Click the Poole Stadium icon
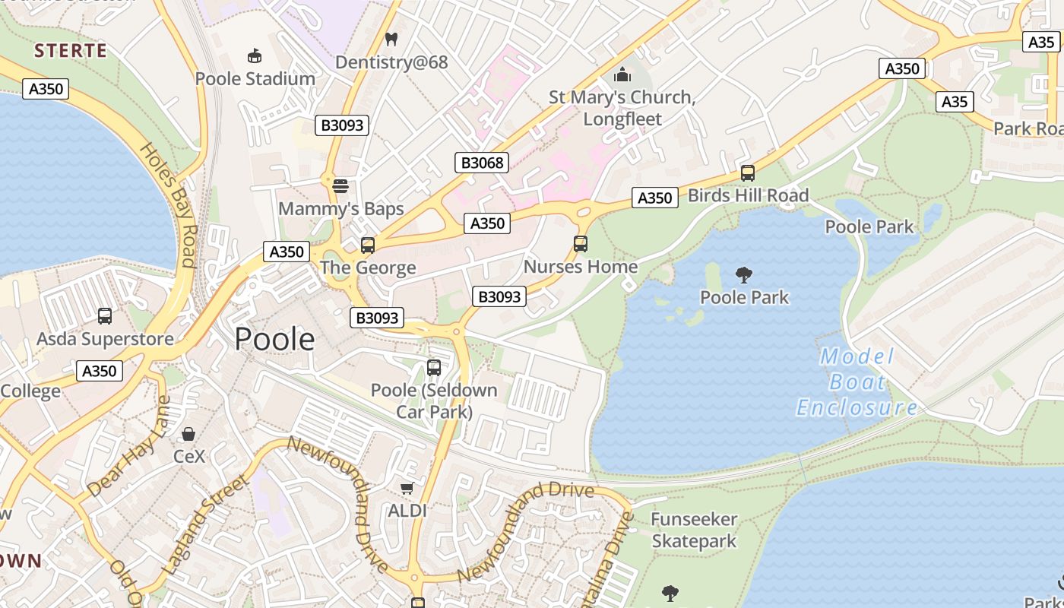(255, 56)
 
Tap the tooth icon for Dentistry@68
(391, 39)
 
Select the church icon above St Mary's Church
(622, 74)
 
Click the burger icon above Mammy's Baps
(340, 185)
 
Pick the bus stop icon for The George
(368, 245)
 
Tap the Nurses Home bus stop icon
(581, 244)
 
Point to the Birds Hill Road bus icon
(748, 173)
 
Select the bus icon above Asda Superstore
(105, 316)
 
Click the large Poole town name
(274, 339)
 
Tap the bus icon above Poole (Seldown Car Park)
(434, 368)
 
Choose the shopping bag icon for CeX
(188, 434)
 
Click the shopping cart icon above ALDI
(407, 488)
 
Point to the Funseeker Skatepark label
(694, 530)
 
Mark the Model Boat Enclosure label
(857, 382)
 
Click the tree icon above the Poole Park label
(744, 275)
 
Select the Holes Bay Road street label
(169, 205)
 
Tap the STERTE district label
(71, 51)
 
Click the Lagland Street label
(205, 524)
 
